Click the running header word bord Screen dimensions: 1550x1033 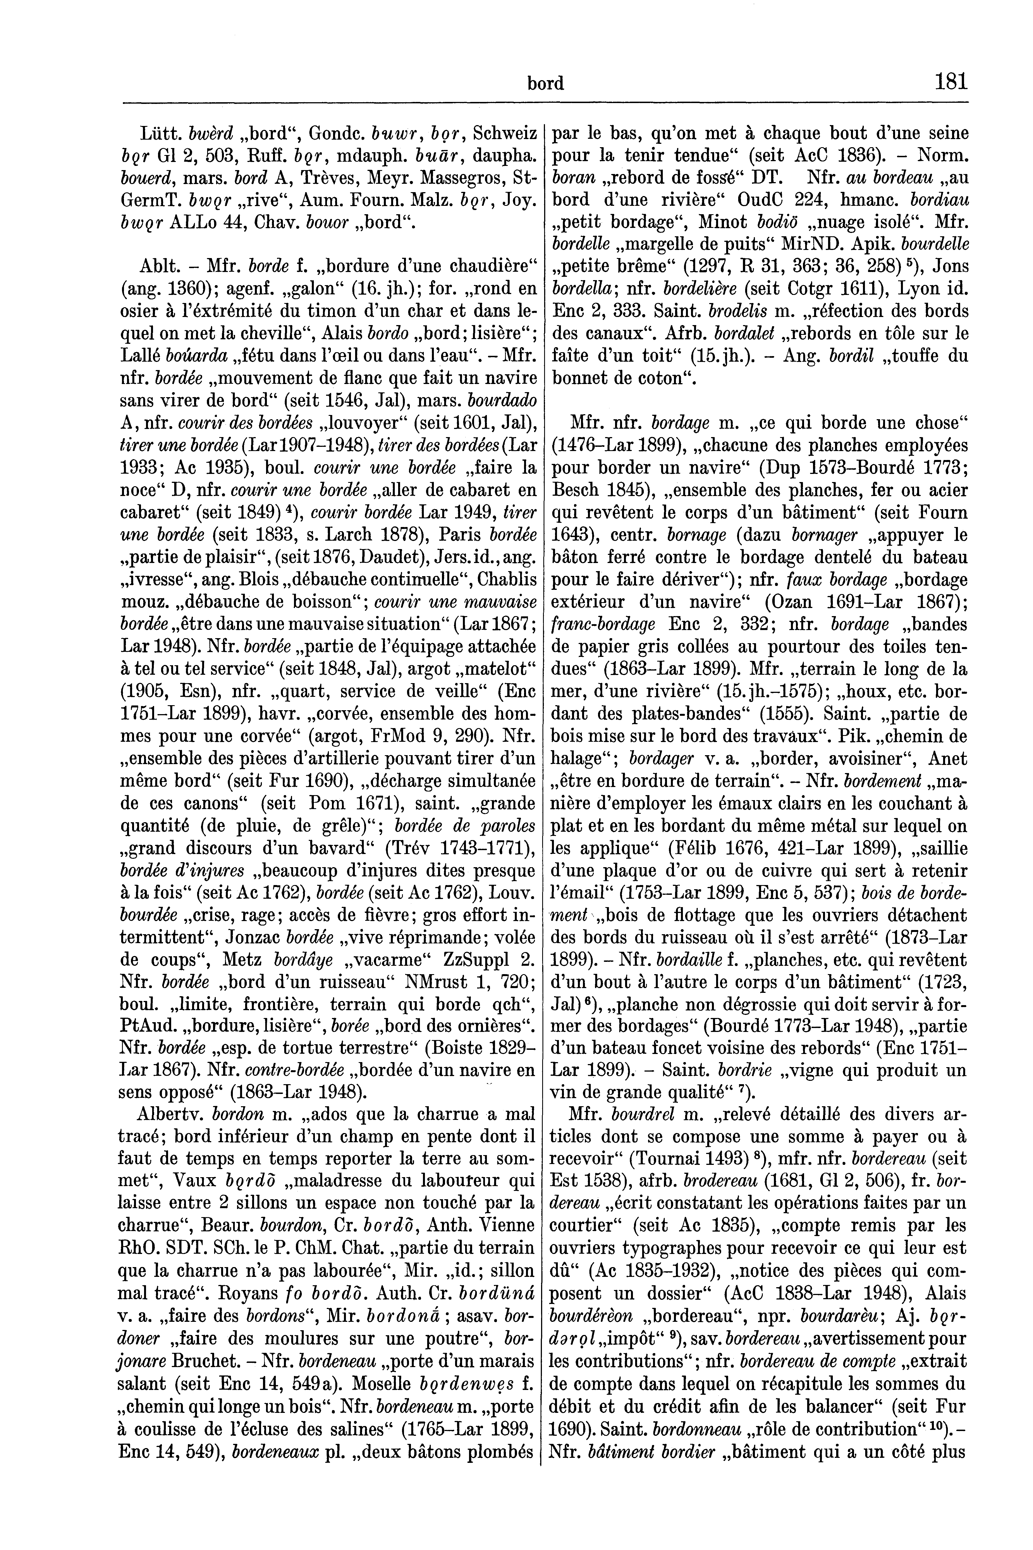point(546,84)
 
